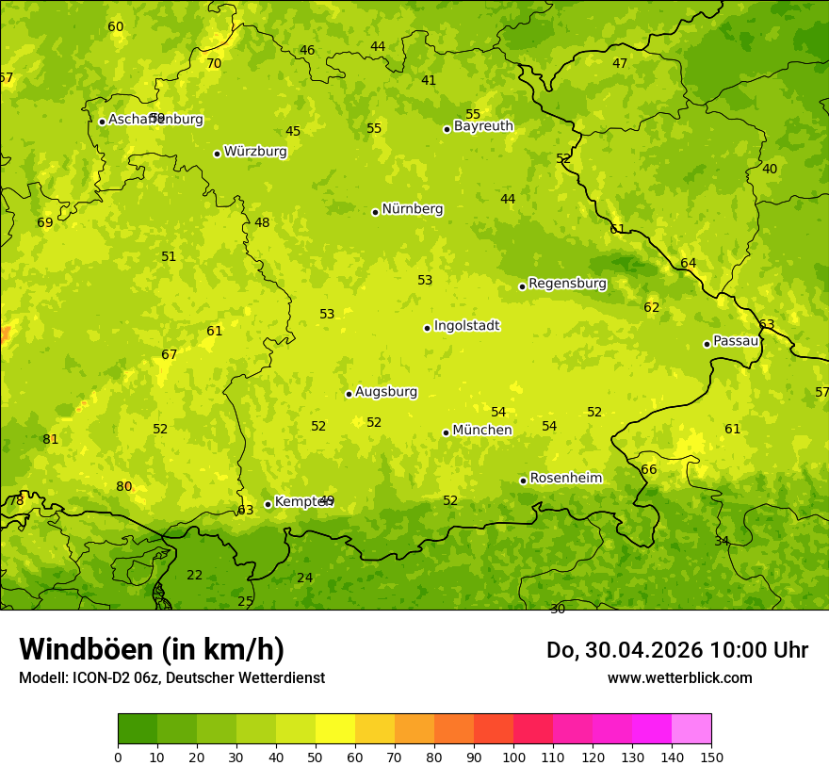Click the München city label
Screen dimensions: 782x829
[482, 431]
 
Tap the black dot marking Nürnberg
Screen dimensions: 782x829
[375, 212]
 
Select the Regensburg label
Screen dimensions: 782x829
[567, 284]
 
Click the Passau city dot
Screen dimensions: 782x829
[707, 344]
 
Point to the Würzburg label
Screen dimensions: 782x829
[255, 152]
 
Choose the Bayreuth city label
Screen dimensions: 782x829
[483, 126]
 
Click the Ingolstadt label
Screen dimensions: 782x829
[466, 326]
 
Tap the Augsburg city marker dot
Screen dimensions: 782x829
[349, 394]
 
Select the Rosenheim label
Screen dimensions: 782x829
[565, 479]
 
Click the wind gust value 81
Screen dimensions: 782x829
[51, 440]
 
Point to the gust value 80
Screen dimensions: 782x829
[124, 487]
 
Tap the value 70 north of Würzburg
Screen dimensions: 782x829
[214, 64]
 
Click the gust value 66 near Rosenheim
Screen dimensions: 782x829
[649, 470]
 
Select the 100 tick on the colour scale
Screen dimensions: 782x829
[513, 757]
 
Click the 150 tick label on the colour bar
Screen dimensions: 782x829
[711, 757]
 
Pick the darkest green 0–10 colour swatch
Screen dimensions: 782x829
[138, 729]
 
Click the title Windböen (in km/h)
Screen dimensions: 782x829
[152, 649]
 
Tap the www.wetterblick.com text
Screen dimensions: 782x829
[679, 677]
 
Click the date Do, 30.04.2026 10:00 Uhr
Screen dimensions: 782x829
[677, 650]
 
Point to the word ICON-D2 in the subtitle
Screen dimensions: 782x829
[98, 677]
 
